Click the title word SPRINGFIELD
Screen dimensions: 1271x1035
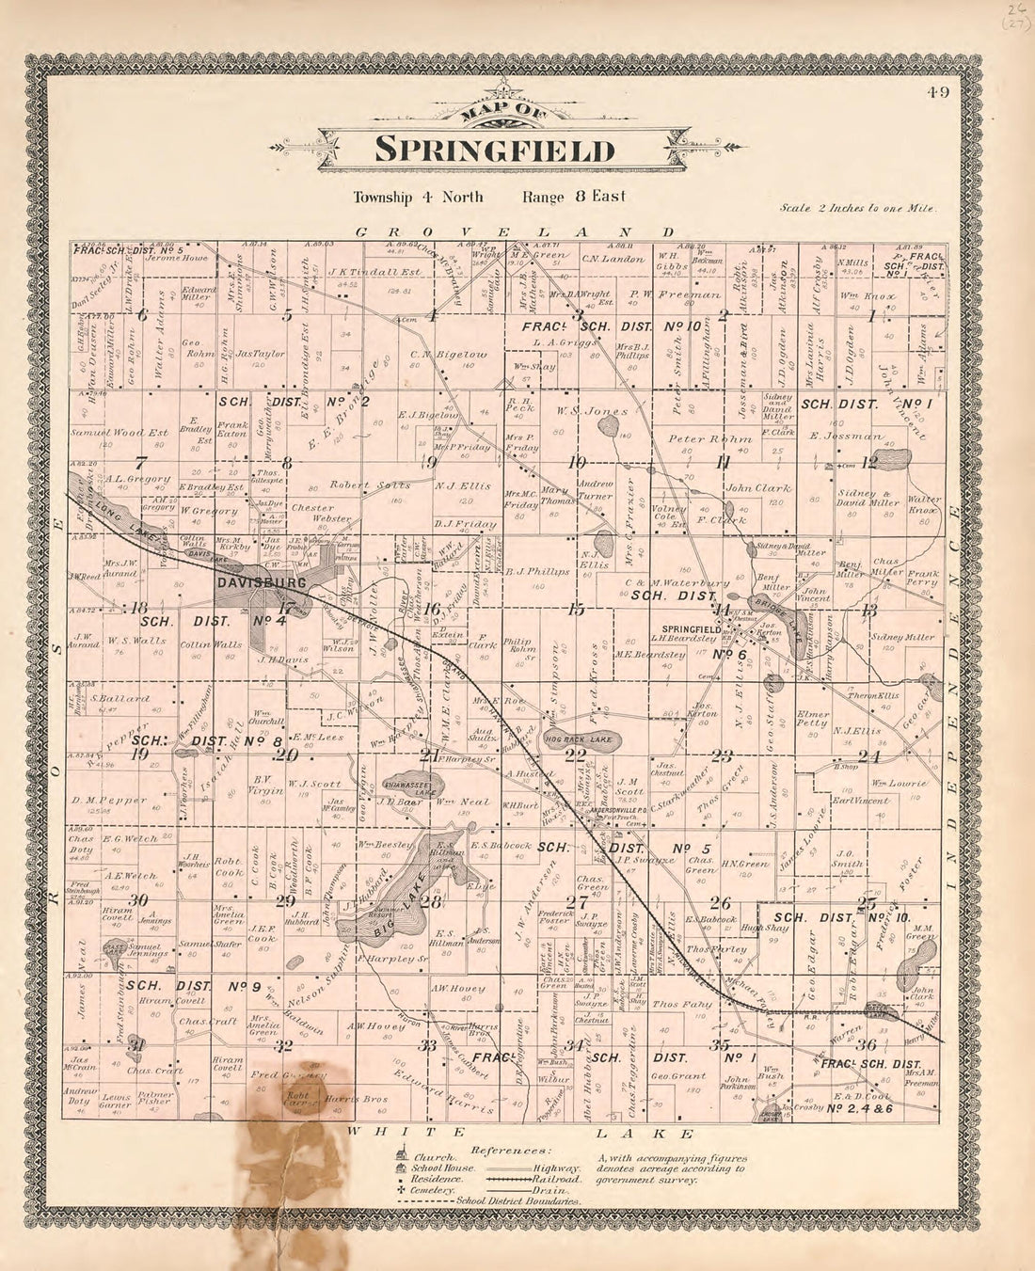tap(495, 150)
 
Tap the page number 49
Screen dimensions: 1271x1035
tap(937, 91)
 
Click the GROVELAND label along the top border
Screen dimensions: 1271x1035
tap(515, 230)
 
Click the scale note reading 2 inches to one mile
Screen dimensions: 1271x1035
tap(856, 208)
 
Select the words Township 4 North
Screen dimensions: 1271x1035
tap(418, 197)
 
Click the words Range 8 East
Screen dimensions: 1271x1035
tap(574, 197)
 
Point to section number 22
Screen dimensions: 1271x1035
tap(575, 755)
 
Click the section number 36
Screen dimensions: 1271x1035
tap(868, 1044)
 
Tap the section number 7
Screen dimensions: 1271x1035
tap(140, 463)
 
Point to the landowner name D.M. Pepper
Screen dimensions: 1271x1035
tap(109, 801)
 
